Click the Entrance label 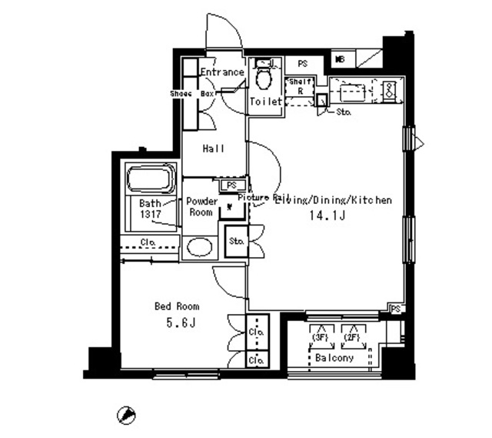tap(222, 72)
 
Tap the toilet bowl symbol tap(264, 79)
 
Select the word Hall tap(214, 149)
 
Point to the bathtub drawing tap(151, 180)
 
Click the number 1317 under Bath tap(151, 215)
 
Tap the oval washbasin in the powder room tap(200, 247)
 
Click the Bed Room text tap(178, 306)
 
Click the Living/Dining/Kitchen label tap(334, 200)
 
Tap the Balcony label tap(334, 358)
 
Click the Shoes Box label tap(192, 93)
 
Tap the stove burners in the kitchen tap(389, 90)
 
